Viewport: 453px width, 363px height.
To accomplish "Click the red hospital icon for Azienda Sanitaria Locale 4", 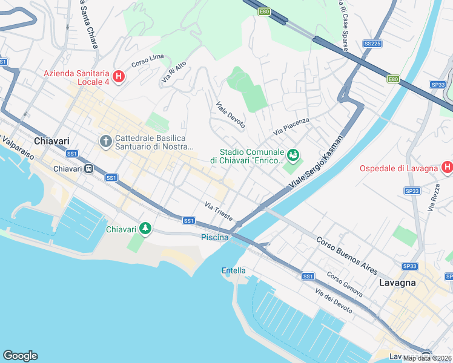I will point(119,77).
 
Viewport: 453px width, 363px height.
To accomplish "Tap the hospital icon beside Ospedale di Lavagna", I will point(447,167).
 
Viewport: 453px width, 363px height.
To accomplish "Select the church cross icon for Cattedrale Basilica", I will point(105,142).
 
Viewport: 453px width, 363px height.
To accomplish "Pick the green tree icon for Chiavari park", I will point(145,229).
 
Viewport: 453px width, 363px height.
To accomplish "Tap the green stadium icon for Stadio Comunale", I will point(294,155).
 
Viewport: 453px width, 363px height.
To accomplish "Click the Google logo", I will point(20,356).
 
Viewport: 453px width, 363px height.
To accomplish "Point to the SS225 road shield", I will point(372,44).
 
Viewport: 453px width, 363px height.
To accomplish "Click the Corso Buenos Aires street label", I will point(347,254).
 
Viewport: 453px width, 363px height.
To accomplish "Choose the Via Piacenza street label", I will point(291,126).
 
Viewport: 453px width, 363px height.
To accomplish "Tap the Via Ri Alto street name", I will point(173,72).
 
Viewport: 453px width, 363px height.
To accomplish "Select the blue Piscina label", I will point(214,238).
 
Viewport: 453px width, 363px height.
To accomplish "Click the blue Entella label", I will point(233,270).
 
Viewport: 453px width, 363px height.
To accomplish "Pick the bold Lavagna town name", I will point(397,283).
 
